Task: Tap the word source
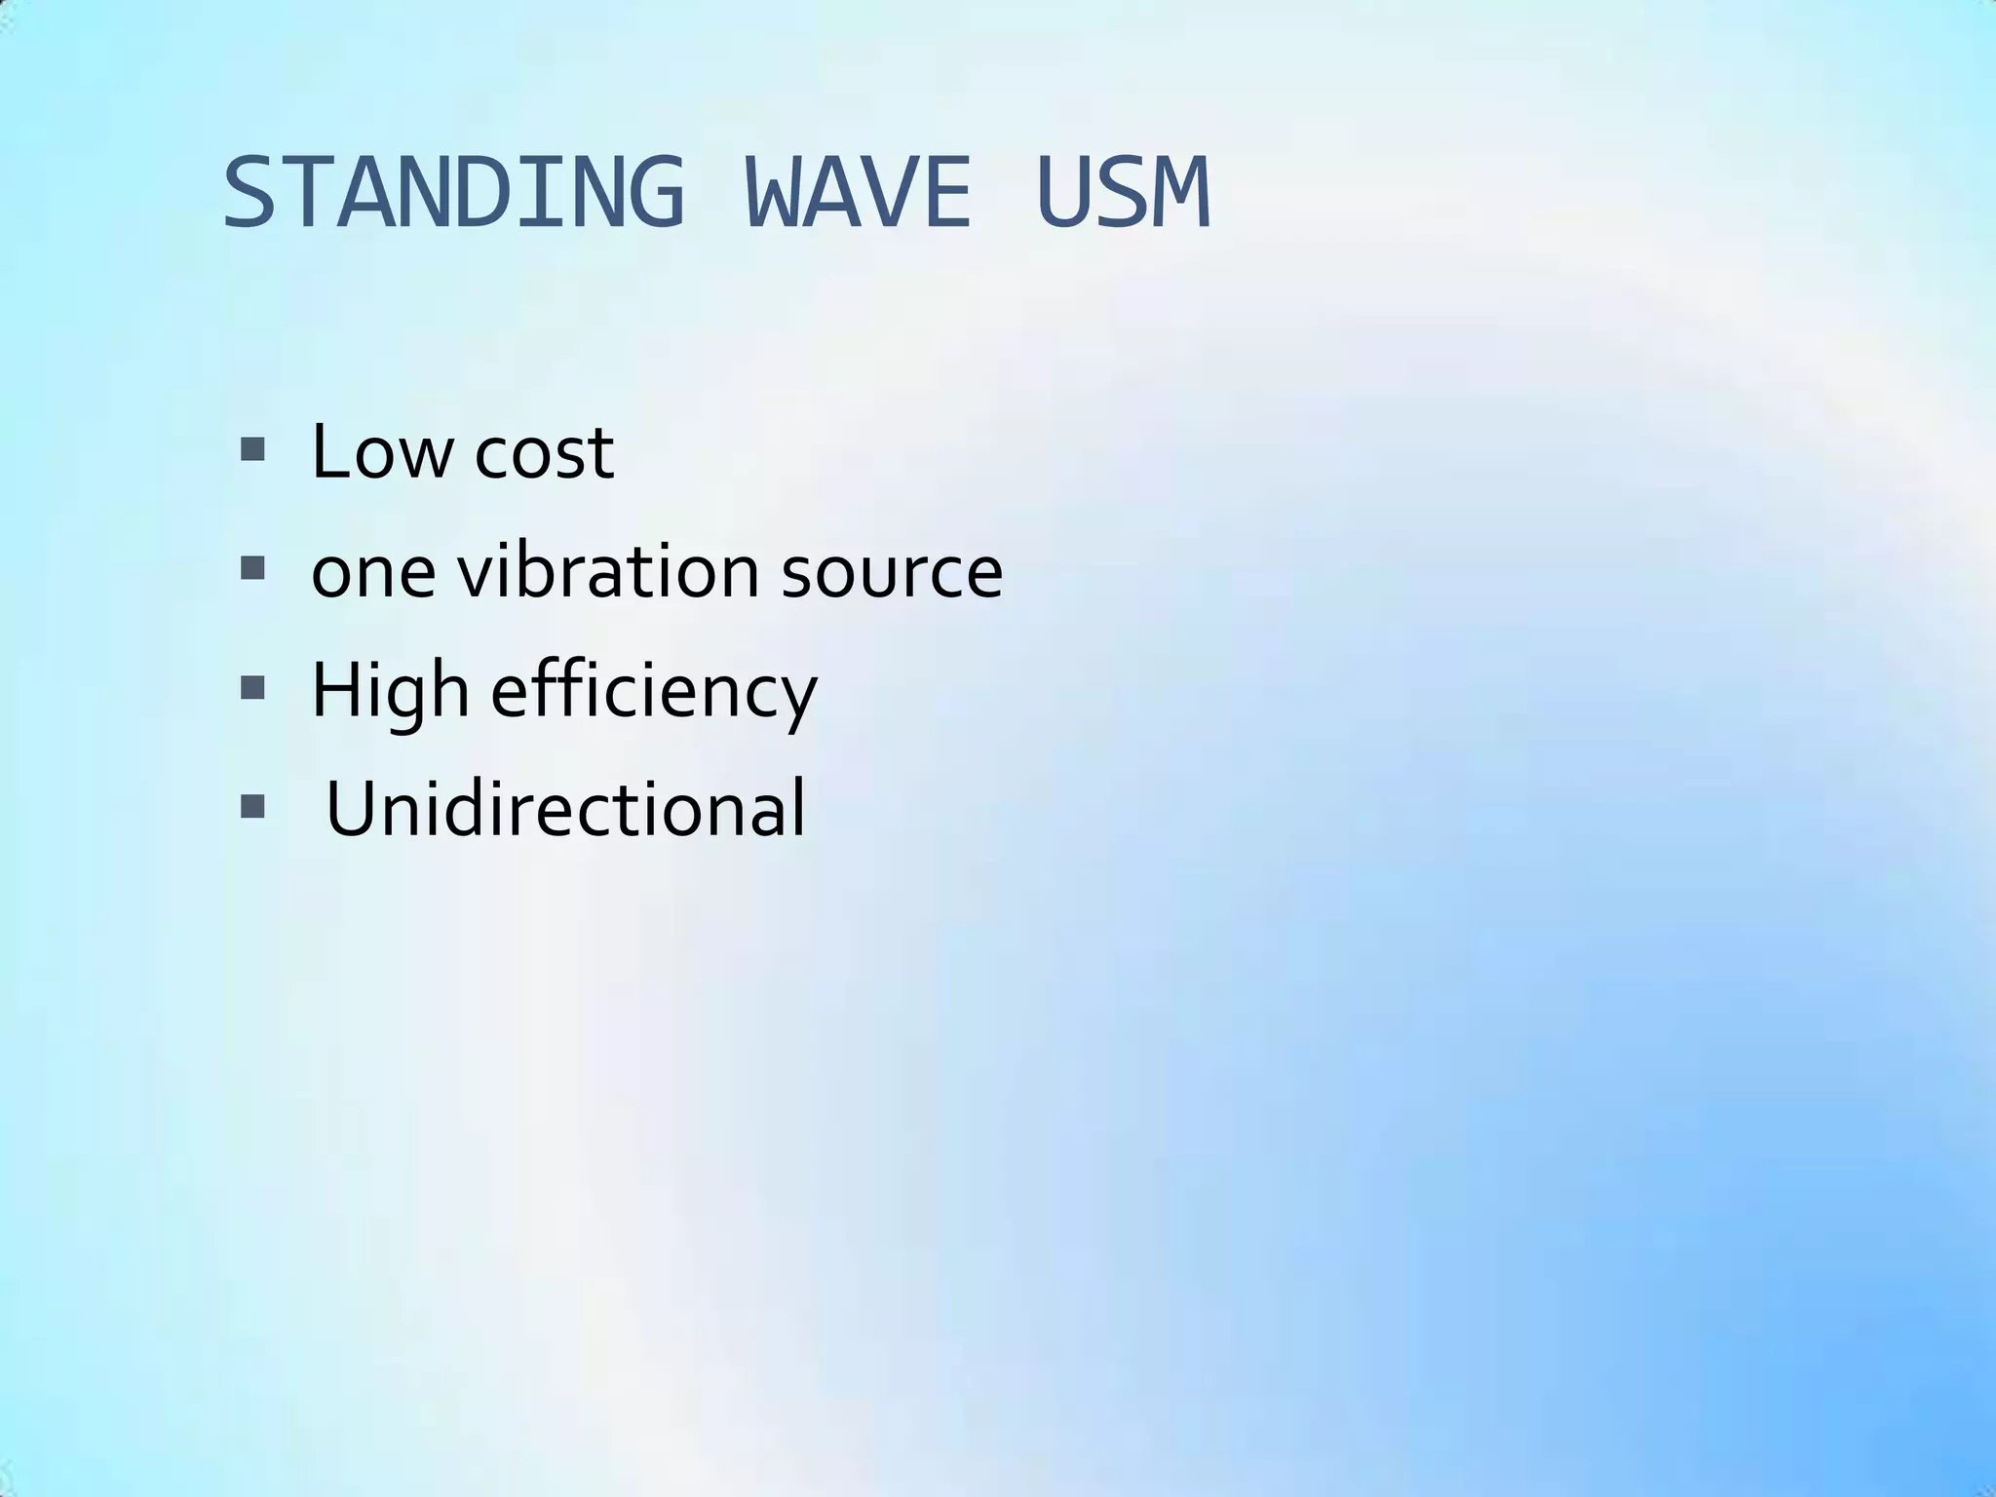point(891,573)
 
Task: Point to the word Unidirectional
point(565,809)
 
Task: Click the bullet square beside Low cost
point(252,449)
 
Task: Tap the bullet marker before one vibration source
point(252,568)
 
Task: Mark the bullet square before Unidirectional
point(252,807)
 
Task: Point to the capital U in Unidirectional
point(352,809)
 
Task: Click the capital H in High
point(336,689)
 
